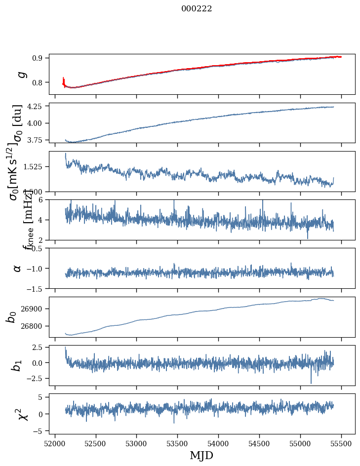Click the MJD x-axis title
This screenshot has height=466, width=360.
201,455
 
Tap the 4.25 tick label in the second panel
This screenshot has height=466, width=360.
36,106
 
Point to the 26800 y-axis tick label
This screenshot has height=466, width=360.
33,326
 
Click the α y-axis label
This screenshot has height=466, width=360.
17,268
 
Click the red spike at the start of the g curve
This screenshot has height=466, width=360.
64,80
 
